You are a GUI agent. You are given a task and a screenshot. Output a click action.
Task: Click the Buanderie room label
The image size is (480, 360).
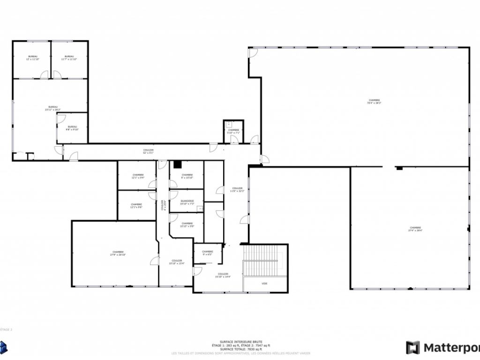click(x=187, y=202)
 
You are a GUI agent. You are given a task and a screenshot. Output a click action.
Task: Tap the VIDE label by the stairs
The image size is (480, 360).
click(x=265, y=284)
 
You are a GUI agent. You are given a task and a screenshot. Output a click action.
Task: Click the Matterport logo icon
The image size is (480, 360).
click(x=413, y=347)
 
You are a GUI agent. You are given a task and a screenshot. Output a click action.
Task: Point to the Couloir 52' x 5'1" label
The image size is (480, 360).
click(x=148, y=151)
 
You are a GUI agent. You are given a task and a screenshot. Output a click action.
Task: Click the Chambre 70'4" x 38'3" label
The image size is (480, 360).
click(x=374, y=101)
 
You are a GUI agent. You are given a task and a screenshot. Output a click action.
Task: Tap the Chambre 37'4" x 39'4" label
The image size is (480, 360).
click(x=415, y=229)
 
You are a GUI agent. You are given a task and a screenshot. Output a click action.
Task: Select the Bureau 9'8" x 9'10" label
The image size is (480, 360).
click(x=72, y=127)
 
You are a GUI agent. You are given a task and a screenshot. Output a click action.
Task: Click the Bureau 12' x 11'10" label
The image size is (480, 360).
click(x=32, y=58)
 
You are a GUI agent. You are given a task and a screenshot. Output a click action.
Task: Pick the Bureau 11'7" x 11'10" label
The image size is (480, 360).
click(x=69, y=58)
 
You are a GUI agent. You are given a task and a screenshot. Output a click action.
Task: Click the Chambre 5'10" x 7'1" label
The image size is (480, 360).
click(x=233, y=131)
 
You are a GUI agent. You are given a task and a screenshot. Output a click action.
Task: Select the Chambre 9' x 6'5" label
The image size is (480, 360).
click(x=207, y=253)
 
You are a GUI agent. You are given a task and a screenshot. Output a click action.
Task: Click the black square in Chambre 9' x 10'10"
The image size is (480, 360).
click(x=177, y=164)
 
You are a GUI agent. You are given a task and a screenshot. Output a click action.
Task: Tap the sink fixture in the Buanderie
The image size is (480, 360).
click(x=200, y=208)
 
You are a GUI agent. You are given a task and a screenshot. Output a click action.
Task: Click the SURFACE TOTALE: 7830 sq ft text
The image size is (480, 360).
click(x=240, y=349)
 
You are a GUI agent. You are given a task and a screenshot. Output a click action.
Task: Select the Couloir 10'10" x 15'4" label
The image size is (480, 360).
click(x=176, y=262)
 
